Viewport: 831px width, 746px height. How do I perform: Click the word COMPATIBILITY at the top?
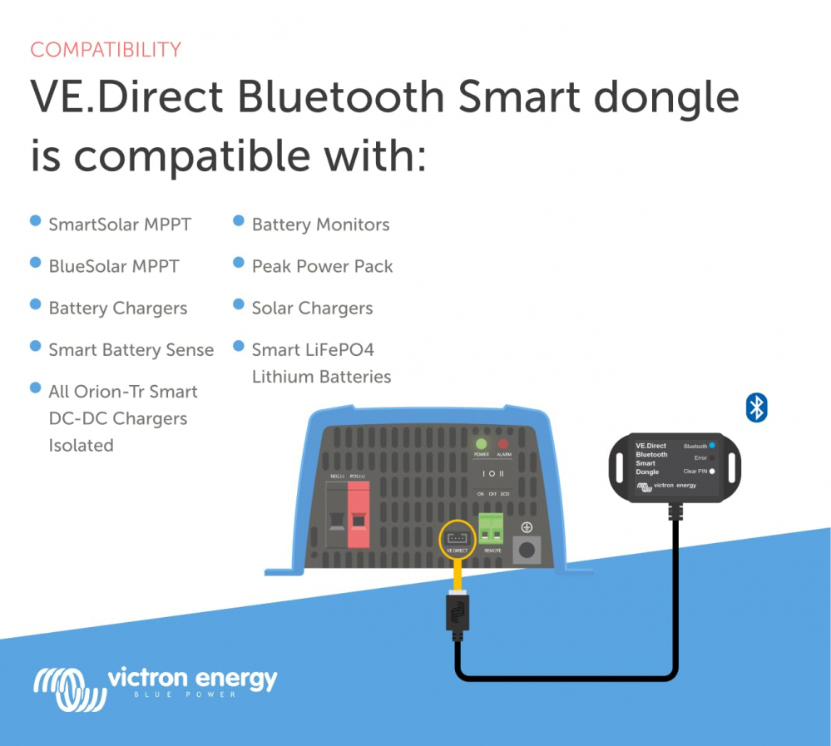pos(106,49)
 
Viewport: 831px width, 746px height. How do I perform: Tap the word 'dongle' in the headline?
pos(665,98)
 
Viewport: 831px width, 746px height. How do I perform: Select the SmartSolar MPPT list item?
pos(120,225)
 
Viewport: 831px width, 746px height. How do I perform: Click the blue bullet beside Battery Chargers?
pos(35,304)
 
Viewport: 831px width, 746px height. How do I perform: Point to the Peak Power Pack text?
pos(322,266)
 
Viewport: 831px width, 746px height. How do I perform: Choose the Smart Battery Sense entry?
pos(131,350)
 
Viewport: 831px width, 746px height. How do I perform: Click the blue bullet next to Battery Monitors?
pos(238,221)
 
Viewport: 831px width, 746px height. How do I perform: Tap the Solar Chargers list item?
pos(312,308)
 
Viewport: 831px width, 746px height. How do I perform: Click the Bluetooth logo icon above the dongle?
pos(756,408)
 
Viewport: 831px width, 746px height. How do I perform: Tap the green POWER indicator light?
pos(481,443)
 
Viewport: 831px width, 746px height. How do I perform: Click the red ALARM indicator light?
pos(503,443)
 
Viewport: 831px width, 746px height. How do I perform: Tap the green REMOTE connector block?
pos(491,530)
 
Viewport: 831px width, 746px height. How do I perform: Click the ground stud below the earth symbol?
pos(526,549)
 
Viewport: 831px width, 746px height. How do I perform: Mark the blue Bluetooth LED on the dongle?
pos(712,446)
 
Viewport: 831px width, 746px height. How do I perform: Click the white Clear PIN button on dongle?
pos(712,471)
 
